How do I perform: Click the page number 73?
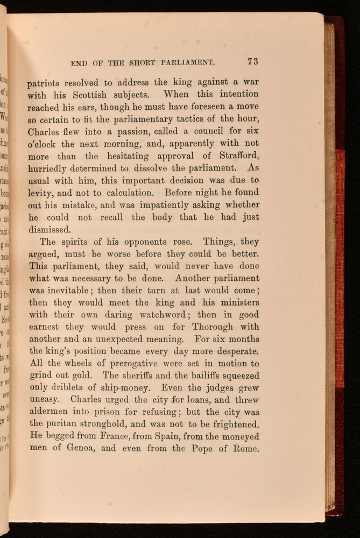coord(252,61)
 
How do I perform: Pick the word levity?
coord(40,193)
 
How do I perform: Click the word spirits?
coord(85,242)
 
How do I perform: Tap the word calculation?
coord(122,193)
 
